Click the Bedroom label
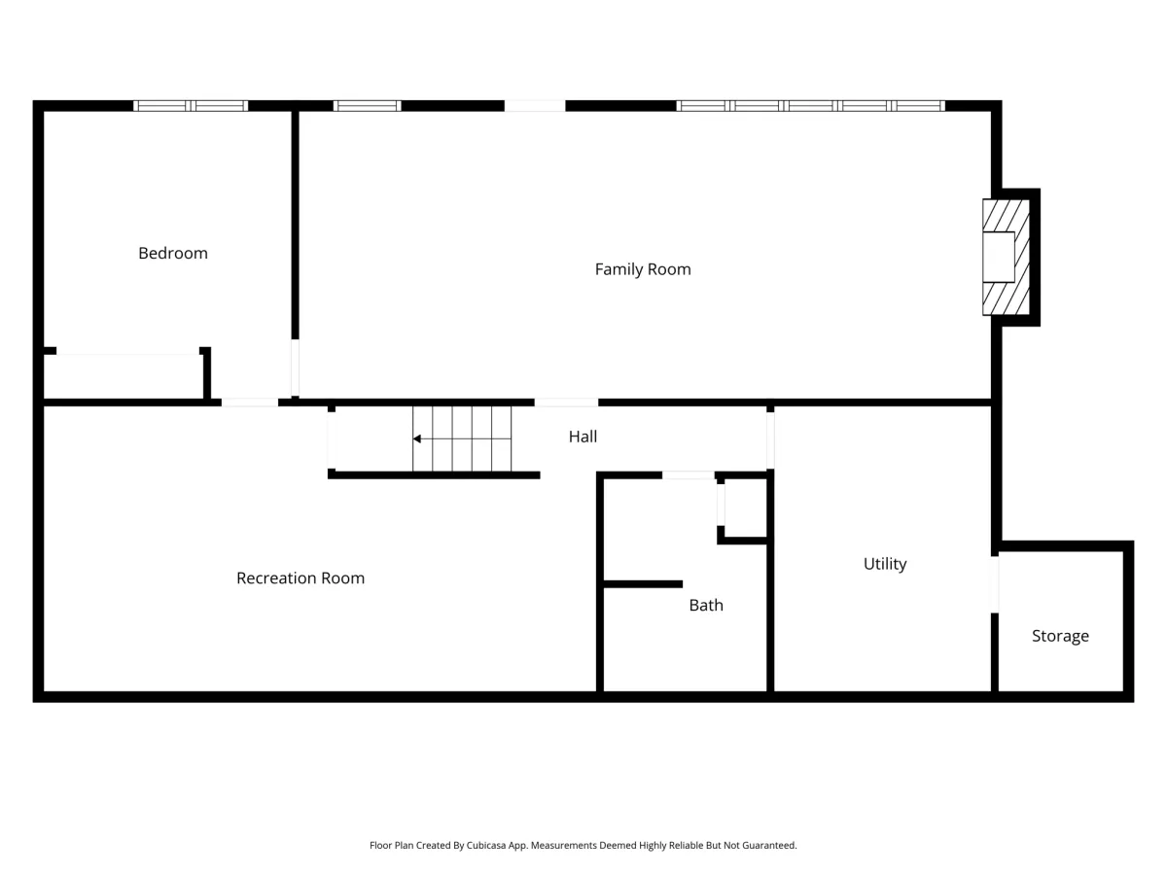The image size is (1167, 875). click(x=173, y=254)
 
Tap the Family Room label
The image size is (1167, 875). click(x=643, y=269)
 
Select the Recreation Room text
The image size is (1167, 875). click(x=301, y=578)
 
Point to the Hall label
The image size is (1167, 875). click(x=583, y=437)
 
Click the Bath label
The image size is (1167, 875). click(x=706, y=605)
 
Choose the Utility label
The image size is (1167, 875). click(x=885, y=564)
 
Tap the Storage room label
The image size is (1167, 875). click(x=1060, y=636)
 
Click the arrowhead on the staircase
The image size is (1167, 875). click(x=417, y=438)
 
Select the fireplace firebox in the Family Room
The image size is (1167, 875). click(x=999, y=257)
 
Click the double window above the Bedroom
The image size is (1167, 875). click(x=191, y=106)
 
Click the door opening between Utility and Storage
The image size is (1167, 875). click(x=994, y=584)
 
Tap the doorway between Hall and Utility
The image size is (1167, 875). click(x=770, y=440)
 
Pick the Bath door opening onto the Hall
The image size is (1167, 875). click(x=688, y=475)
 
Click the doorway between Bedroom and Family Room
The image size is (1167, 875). click(x=295, y=367)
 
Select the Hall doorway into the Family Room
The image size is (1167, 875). click(x=566, y=402)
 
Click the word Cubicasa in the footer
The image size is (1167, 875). click(x=486, y=845)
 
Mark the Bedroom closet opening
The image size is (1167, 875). click(x=127, y=351)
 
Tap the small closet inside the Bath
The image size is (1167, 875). click(x=745, y=507)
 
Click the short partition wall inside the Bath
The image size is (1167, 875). click(x=644, y=584)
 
